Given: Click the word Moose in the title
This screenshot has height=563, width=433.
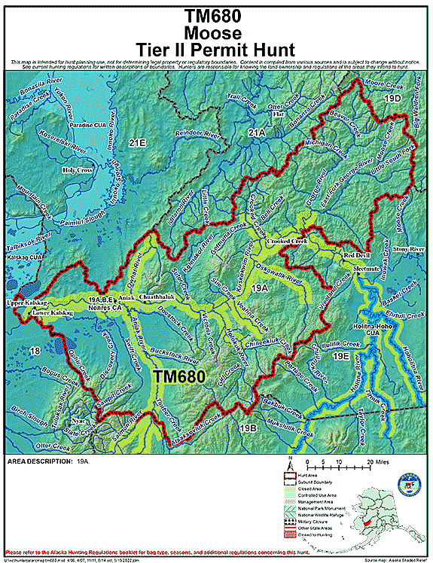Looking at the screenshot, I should pyautogui.click(x=216, y=33).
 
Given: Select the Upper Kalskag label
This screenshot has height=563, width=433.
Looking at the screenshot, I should pyautogui.click(x=26, y=302).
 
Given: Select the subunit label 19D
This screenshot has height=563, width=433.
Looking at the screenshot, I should pyautogui.click(x=391, y=99).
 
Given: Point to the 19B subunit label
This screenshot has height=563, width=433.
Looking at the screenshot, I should pyautogui.click(x=248, y=428).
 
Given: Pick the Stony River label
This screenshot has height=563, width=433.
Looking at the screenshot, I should pyautogui.click(x=409, y=248).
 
